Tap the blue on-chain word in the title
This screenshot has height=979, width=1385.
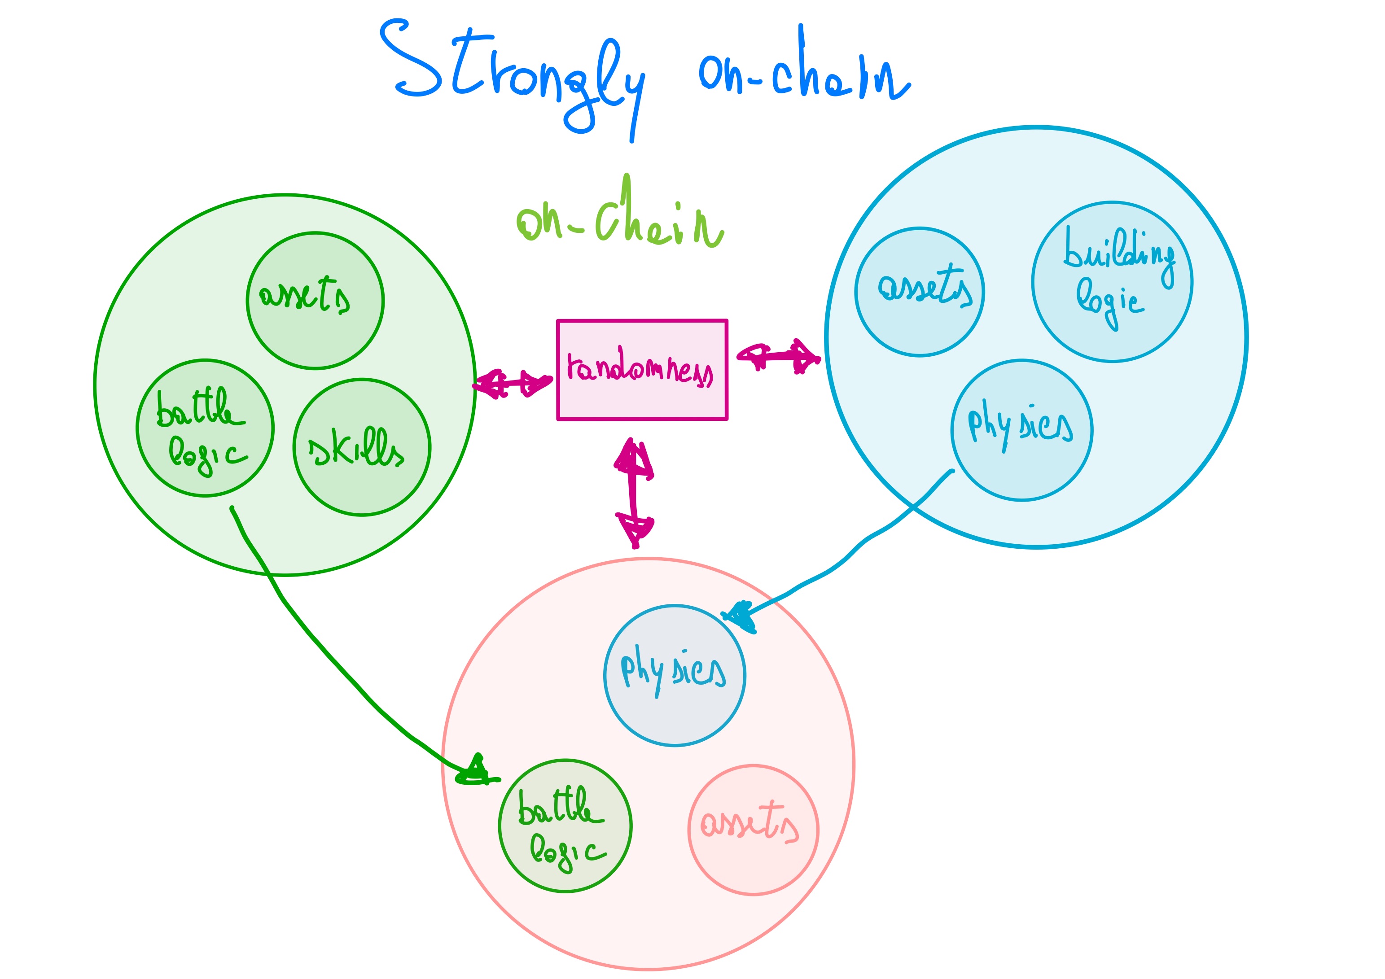click(802, 72)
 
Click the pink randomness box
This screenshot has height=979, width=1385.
click(642, 369)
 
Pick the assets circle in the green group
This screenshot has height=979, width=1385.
click(315, 300)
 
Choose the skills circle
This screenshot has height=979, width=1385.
click(361, 447)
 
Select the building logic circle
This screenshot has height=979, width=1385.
click(1112, 282)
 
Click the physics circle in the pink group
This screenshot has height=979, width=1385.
click(675, 676)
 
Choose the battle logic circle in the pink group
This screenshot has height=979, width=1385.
click(565, 825)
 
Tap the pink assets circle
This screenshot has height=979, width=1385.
click(753, 830)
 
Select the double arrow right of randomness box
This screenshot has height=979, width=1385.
click(779, 356)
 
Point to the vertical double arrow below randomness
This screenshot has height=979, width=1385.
click(633, 492)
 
